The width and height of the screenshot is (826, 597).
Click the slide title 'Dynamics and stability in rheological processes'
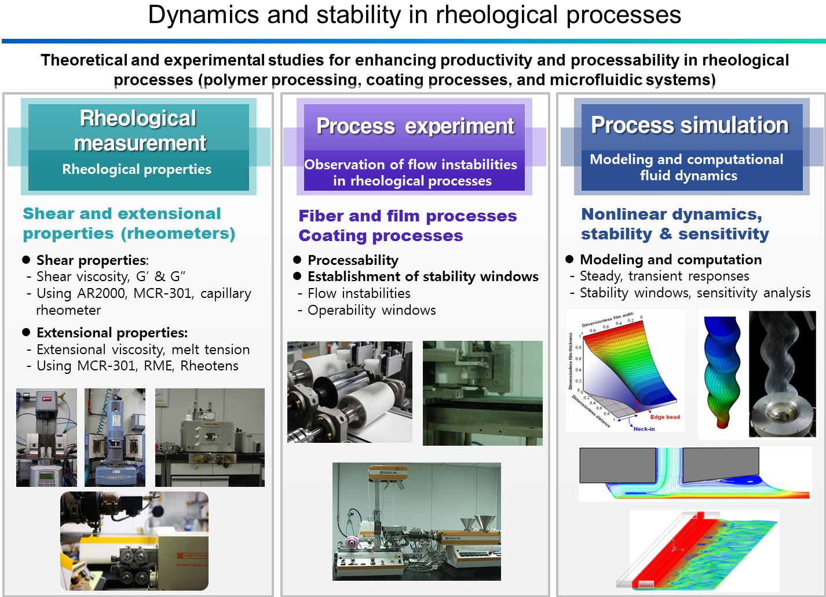[414, 15]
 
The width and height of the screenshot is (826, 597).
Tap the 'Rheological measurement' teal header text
[139, 130]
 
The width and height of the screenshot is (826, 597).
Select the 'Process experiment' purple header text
[415, 126]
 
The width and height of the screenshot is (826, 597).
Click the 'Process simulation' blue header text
[689, 125]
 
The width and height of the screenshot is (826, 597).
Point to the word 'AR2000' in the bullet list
[101, 293]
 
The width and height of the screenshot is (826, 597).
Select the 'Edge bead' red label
[664, 417]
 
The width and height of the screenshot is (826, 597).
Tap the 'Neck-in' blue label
[644, 429]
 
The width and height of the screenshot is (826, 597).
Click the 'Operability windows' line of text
[371, 310]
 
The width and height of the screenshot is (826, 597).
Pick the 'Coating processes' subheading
[381, 236]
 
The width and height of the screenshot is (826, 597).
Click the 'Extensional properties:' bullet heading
[112, 333]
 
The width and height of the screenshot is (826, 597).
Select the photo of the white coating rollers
[350, 392]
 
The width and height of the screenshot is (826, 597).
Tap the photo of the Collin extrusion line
[416, 521]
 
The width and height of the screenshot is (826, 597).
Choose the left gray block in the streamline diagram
[617, 465]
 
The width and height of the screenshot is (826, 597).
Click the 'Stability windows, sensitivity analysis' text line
[695, 293]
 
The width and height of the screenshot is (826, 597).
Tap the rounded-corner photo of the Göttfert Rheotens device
[134, 541]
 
